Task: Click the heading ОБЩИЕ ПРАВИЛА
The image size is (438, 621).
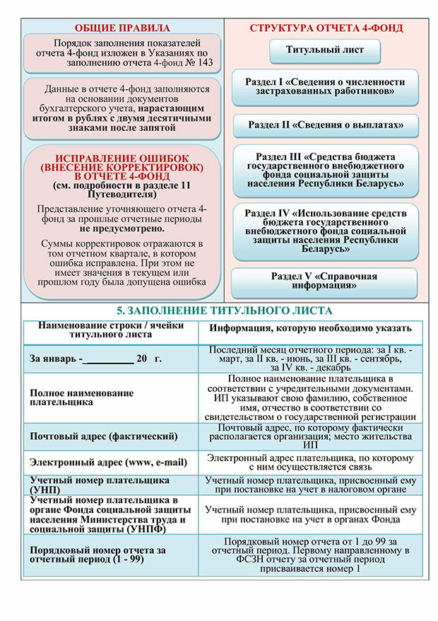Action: tap(123, 28)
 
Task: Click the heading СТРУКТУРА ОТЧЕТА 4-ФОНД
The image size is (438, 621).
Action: tap(326, 28)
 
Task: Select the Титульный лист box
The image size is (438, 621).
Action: tap(325, 51)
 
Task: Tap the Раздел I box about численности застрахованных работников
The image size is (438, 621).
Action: tap(325, 87)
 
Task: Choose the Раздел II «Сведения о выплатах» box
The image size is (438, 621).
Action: tap(326, 125)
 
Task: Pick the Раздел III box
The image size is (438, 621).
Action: tap(326, 170)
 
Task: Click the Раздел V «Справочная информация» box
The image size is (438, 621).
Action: tap(325, 281)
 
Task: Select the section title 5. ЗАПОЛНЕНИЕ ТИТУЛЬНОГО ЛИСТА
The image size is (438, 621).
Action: tap(223, 311)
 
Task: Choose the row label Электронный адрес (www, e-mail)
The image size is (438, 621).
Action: tap(108, 463)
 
